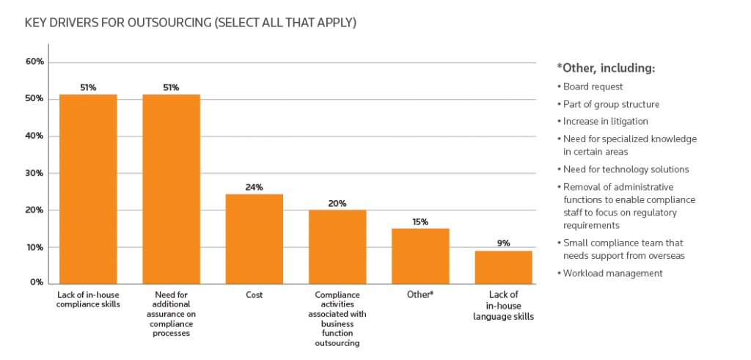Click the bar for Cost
point(254,238)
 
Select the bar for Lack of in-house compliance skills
point(88,188)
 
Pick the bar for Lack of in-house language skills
point(503,266)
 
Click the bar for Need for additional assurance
point(171,188)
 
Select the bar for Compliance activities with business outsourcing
point(337,246)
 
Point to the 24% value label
point(254,187)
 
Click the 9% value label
point(503,243)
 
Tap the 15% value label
point(420,221)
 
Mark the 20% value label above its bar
point(337,203)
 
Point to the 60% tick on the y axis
point(35,62)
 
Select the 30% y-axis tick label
point(35,173)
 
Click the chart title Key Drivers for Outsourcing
point(191,23)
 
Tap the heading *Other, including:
point(606,68)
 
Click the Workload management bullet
point(612,273)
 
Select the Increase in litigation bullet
point(605,121)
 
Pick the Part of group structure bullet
point(611,104)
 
